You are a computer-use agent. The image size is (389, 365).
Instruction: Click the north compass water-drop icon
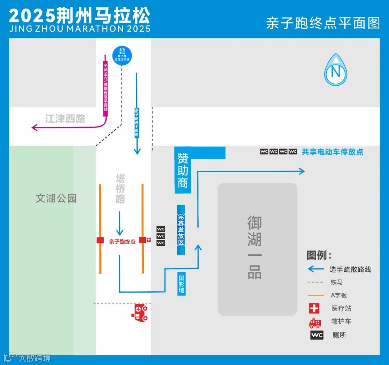point(336,71)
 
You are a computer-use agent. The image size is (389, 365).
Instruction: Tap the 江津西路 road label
point(65,119)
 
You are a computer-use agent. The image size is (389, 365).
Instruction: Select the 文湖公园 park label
point(56,198)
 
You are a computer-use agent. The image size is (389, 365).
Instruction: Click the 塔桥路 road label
point(120,189)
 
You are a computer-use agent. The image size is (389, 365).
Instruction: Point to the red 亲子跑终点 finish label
point(122,242)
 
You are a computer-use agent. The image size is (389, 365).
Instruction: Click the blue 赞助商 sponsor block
point(183,170)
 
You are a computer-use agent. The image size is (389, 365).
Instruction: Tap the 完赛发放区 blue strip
point(181,230)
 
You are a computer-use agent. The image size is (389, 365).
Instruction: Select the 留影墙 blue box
point(182,284)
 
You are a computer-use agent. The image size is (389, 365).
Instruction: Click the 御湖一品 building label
point(255,247)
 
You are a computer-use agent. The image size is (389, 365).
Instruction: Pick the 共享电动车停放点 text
point(332,152)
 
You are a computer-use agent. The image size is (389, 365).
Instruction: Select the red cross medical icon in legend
point(314,308)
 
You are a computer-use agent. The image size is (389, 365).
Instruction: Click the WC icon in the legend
point(317,335)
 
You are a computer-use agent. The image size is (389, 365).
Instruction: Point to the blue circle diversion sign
point(122,55)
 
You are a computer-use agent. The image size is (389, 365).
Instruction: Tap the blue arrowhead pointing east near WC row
point(302,171)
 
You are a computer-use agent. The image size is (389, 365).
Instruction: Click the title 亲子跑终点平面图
point(323,23)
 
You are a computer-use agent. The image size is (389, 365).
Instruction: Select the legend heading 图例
point(318,255)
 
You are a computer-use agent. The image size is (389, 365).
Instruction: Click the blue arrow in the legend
point(316,269)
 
